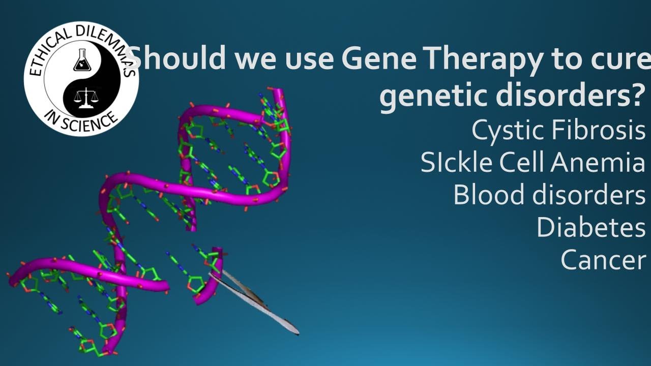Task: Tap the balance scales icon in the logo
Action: pyautogui.click(x=86, y=96)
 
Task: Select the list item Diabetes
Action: pyautogui.click(x=590, y=227)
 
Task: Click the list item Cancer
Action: pyautogui.click(x=603, y=260)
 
